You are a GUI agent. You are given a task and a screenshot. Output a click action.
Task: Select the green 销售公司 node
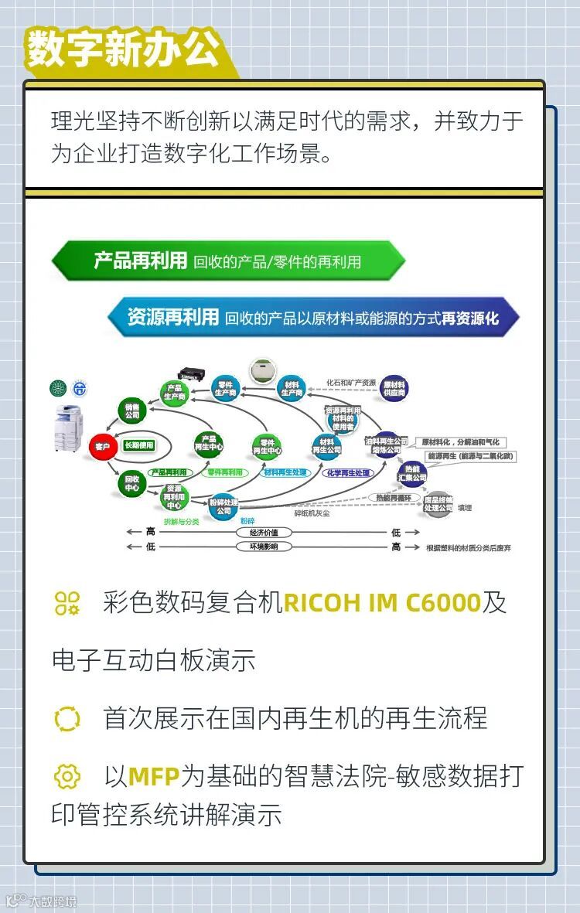click(131, 410)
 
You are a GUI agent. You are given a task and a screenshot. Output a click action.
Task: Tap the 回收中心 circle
click(131, 483)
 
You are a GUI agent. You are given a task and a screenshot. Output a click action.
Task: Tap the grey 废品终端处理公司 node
click(438, 504)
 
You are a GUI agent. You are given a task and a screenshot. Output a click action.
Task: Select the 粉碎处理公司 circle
click(223, 506)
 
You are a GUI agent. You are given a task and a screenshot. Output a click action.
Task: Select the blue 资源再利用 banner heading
click(173, 317)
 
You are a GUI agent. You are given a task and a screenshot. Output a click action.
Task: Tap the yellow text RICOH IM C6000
click(382, 602)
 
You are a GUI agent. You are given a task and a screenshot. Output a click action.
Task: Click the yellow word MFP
click(153, 775)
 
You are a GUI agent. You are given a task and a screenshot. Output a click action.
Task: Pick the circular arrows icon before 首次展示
click(67, 718)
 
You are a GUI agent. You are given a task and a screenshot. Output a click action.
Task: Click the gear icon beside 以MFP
click(67, 775)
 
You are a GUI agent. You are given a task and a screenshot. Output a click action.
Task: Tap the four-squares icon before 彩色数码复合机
click(67, 603)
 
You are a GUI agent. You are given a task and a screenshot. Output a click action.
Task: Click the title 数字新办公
click(123, 50)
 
